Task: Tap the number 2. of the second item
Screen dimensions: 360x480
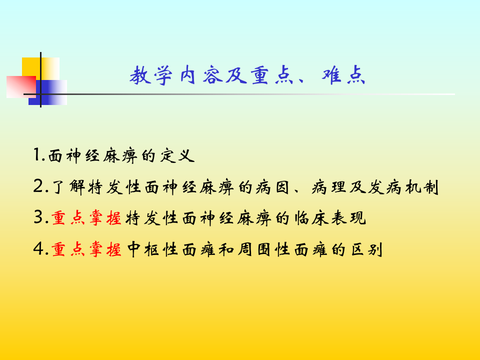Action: pyautogui.click(x=40, y=187)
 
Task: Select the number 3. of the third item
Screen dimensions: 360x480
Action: pyautogui.click(x=40, y=218)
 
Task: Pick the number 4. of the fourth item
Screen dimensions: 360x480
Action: pyautogui.click(x=40, y=249)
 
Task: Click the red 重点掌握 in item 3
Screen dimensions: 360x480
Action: pyautogui.click(x=86, y=219)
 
